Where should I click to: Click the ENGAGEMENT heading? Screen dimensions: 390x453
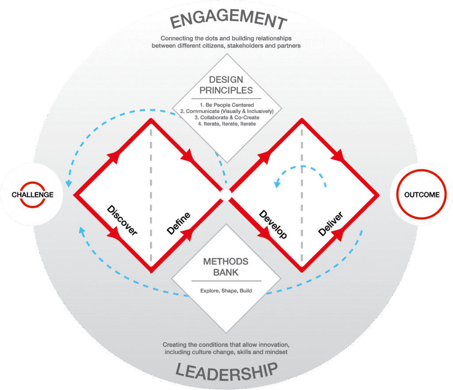(x=226, y=20)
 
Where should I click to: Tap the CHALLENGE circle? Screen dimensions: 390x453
(x=32, y=195)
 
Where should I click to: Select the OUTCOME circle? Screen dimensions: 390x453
(x=422, y=195)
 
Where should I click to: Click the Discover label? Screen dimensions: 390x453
(x=123, y=220)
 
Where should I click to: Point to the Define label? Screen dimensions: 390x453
(x=179, y=223)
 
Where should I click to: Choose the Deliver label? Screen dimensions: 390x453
(x=330, y=223)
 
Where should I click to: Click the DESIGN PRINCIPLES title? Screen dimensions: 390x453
(x=226, y=85)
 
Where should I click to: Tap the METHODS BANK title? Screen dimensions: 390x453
(x=226, y=267)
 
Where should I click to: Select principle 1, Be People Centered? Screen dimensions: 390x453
(x=226, y=104)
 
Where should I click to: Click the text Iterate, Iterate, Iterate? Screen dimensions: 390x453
(x=226, y=124)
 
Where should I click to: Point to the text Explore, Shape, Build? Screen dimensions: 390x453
(x=226, y=291)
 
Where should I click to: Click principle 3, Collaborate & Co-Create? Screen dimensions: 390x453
(x=226, y=118)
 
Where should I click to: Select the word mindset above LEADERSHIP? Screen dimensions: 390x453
(x=275, y=352)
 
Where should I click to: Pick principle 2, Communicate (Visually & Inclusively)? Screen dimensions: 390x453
(x=226, y=111)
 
